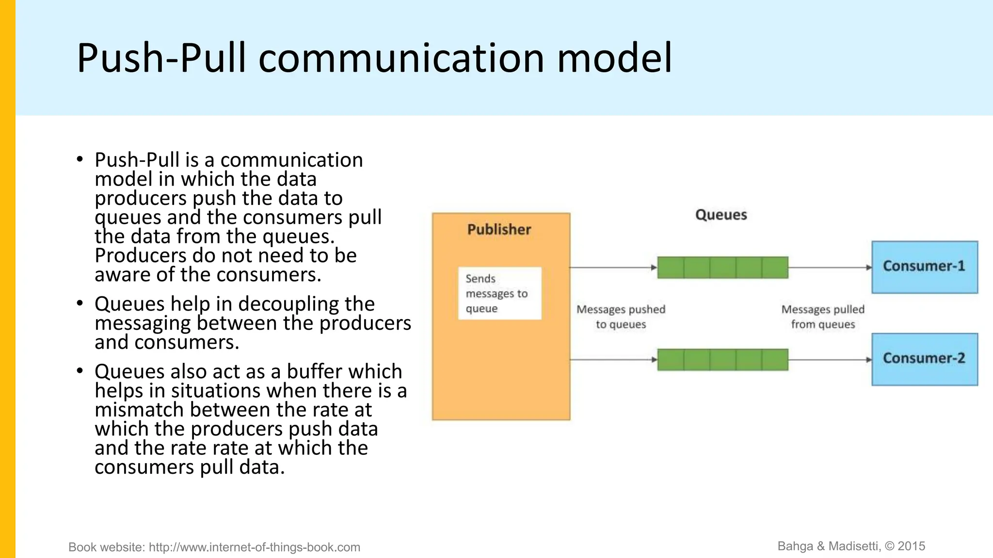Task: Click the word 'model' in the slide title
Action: point(614,58)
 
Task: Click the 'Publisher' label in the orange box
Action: point(499,230)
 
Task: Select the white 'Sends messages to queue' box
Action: point(499,294)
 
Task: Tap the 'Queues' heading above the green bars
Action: point(721,215)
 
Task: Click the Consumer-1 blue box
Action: point(924,267)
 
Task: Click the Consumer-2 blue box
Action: point(924,359)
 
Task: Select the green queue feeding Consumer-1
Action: point(722,267)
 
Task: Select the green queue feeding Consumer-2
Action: point(722,359)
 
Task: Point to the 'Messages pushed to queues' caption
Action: point(621,317)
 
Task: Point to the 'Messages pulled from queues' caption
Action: point(823,317)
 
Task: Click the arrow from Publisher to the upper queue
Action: point(613,267)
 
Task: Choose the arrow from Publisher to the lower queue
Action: point(613,359)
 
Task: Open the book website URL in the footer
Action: point(254,547)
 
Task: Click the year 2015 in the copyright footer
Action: point(911,546)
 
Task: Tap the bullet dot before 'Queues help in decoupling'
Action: point(80,304)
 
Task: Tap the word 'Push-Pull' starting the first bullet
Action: point(137,160)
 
